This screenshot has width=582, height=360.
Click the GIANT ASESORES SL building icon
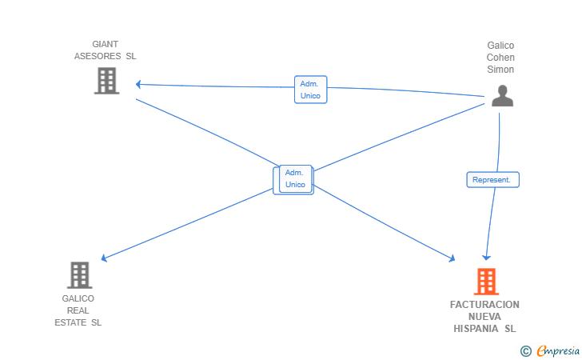click(106, 81)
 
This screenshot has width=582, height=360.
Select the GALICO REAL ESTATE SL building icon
click(79, 275)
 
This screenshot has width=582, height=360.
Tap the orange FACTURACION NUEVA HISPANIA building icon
click(486, 282)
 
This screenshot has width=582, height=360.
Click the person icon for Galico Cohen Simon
click(502, 96)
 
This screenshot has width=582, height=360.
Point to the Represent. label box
click(492, 180)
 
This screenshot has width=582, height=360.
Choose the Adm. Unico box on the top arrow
click(311, 90)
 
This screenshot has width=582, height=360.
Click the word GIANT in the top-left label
click(105, 44)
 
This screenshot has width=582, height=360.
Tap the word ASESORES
click(98, 56)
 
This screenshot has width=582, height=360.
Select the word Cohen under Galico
click(500, 58)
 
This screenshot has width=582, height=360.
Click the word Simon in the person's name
click(500, 70)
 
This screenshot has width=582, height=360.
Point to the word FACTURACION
click(484, 305)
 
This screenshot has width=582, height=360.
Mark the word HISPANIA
click(476, 329)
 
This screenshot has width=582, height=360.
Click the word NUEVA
click(484, 317)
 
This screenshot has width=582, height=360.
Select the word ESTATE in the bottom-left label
click(70, 322)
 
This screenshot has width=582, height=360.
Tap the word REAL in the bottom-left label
click(78, 310)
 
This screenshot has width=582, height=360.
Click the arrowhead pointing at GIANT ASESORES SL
click(138, 84)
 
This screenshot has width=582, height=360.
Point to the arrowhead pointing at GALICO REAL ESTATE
click(104, 258)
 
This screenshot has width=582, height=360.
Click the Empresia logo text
click(557, 351)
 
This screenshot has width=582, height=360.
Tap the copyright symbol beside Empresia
click(526, 351)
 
